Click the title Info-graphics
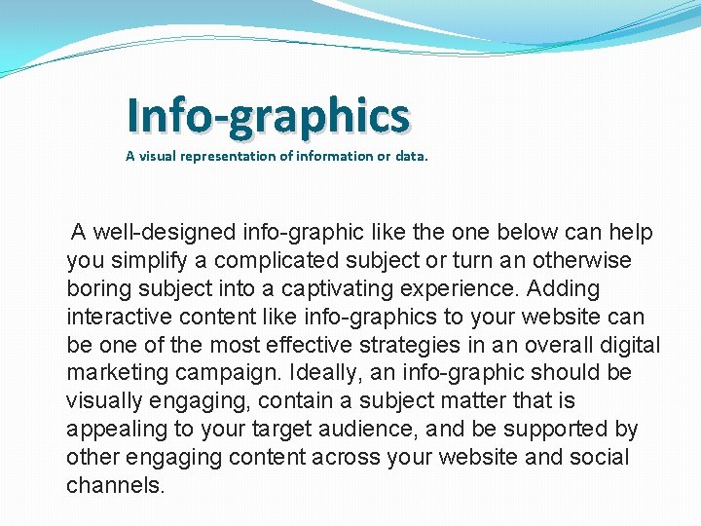(268, 116)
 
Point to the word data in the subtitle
(410, 156)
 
